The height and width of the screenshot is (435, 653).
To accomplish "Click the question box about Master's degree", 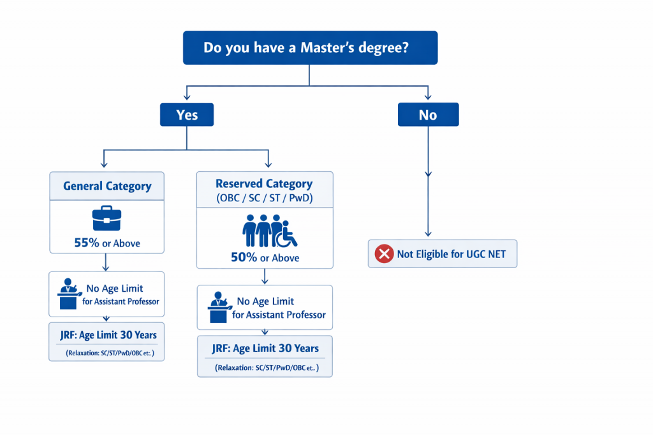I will [x=310, y=48].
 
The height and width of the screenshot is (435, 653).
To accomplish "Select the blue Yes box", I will [x=187, y=115].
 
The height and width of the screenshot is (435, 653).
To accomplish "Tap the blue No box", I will [x=428, y=115].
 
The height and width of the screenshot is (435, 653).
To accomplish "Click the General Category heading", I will [x=107, y=186].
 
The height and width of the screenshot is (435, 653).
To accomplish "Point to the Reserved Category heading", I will [x=264, y=183].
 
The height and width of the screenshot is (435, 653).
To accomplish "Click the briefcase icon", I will [x=106, y=218].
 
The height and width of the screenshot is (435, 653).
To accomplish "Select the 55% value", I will [x=87, y=243].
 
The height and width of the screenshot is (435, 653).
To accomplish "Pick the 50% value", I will [x=244, y=257].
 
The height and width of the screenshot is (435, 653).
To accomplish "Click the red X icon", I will [x=384, y=254].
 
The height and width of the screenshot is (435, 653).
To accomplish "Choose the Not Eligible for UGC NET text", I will [x=451, y=254].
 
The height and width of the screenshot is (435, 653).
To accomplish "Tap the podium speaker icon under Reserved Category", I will [x=218, y=308].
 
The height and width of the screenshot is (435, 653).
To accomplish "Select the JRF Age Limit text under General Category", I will [x=106, y=334].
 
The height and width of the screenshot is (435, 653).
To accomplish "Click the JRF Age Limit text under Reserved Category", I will [x=265, y=348].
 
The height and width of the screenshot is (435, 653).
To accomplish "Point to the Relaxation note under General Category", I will [x=106, y=352].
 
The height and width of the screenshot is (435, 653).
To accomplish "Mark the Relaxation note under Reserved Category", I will [x=265, y=367].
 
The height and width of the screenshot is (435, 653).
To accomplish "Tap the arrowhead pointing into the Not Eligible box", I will [x=428, y=234].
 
